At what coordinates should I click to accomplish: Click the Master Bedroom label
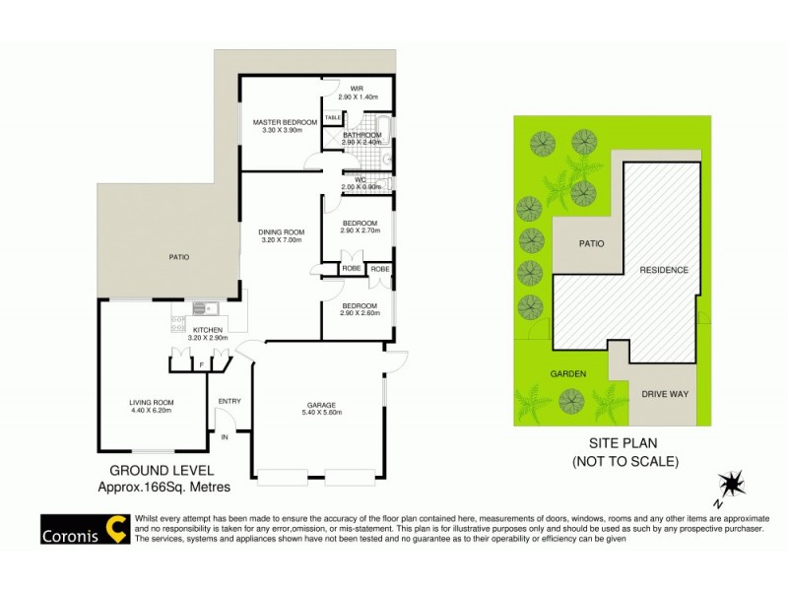click(285, 122)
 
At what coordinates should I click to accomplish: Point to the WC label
click(361, 179)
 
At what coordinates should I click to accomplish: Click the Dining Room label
click(281, 232)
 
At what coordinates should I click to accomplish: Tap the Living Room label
click(151, 402)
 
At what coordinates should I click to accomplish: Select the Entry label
click(229, 400)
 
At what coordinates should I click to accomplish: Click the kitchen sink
click(205, 307)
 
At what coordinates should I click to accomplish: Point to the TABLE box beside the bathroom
click(332, 117)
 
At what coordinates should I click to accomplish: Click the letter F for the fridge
click(201, 365)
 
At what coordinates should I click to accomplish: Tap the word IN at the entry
click(224, 435)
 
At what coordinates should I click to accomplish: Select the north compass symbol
click(732, 485)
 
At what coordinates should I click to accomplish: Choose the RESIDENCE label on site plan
click(663, 270)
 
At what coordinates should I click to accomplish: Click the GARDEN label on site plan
click(568, 374)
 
